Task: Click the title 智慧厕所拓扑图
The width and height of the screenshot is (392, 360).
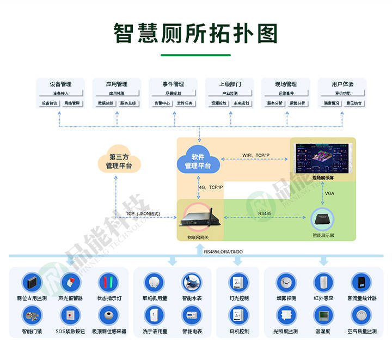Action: (195, 33)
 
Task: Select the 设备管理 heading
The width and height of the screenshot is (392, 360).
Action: (60, 84)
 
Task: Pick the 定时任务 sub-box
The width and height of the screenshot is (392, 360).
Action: (185, 103)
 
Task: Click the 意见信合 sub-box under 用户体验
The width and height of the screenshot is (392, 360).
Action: (354, 103)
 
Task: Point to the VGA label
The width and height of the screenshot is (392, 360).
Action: (329, 194)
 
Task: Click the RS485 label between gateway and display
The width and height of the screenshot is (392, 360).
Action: (265, 213)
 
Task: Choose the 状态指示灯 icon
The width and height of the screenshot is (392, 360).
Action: (108, 283)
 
